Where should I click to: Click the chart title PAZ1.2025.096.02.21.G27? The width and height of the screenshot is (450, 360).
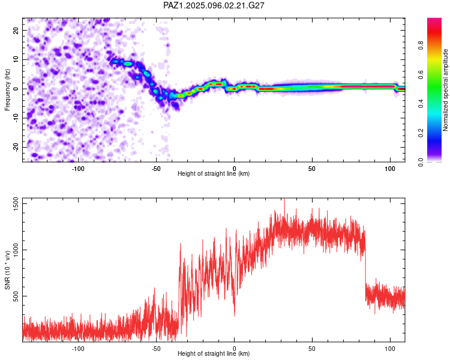point(214,5)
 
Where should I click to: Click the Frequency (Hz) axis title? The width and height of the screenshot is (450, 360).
point(7,90)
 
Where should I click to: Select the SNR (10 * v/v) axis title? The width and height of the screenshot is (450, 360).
point(7,270)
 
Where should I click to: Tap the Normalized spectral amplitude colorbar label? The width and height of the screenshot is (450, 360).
point(445,90)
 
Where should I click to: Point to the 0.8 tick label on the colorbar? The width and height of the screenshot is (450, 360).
point(421,46)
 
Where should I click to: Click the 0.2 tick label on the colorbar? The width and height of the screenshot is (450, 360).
point(421,133)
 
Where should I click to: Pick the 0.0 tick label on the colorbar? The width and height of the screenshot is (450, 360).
point(421,162)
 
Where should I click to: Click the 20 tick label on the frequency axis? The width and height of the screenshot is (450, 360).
point(16,30)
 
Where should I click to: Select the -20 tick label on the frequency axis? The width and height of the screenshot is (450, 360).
point(16,147)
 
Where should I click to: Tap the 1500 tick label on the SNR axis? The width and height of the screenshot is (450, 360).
point(16,204)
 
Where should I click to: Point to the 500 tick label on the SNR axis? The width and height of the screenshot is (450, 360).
point(16,296)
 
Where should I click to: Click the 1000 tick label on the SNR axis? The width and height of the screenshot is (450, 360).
point(16,250)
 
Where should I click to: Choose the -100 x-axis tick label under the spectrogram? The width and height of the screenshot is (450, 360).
point(78,169)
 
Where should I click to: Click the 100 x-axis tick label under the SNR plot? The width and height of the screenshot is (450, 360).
point(390,349)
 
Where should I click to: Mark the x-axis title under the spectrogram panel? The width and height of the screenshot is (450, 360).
point(214,173)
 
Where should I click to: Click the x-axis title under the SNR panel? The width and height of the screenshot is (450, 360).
point(214,353)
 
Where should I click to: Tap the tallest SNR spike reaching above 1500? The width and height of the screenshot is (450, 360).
point(284,205)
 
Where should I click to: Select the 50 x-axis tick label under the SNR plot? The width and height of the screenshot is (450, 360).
point(312,349)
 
